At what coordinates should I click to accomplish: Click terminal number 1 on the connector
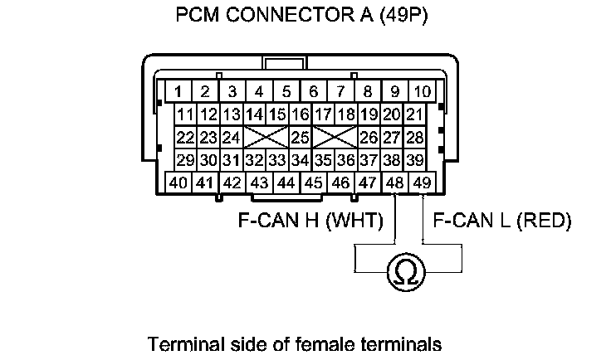click(x=178, y=91)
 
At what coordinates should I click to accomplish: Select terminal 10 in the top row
click(x=422, y=91)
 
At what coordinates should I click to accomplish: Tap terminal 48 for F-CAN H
click(x=395, y=182)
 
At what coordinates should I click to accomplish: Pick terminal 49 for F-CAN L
click(x=423, y=182)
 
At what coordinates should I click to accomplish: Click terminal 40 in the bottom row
click(x=178, y=182)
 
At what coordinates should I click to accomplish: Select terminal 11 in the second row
click(x=185, y=114)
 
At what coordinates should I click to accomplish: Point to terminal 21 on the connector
click(x=415, y=114)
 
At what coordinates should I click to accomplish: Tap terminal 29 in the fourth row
click(x=185, y=158)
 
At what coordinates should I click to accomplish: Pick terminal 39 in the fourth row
click(x=415, y=158)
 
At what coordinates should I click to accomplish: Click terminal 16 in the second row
click(x=301, y=114)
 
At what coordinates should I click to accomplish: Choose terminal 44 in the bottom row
click(x=286, y=182)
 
